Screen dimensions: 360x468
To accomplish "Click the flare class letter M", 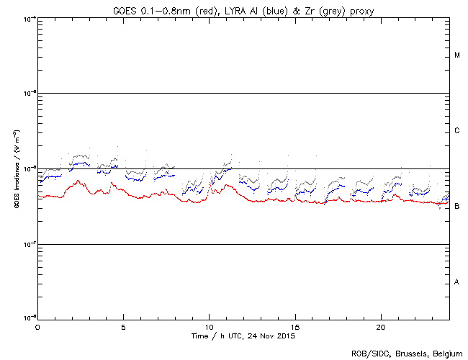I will pos(457,55).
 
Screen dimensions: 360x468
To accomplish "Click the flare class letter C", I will pos(457,131).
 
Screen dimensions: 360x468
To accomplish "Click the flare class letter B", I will pos(457,206).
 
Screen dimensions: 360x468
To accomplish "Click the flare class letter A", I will pos(457,282).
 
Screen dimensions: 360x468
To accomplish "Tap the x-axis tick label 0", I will pos(37,327).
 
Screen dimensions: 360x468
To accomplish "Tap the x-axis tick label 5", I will pos(123,327).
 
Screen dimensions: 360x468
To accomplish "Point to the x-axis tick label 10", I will pos(209,327).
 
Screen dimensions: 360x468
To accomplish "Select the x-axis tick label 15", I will pos(294,327).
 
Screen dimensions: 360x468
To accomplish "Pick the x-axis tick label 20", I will pos(380,327).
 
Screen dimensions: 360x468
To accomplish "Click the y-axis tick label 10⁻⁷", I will pos(30,243).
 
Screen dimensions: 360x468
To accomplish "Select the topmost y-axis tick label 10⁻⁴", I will pos(30,17).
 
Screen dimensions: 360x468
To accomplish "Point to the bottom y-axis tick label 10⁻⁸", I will pos(30,318).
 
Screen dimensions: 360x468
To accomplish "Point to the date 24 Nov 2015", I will pos(273,336).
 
